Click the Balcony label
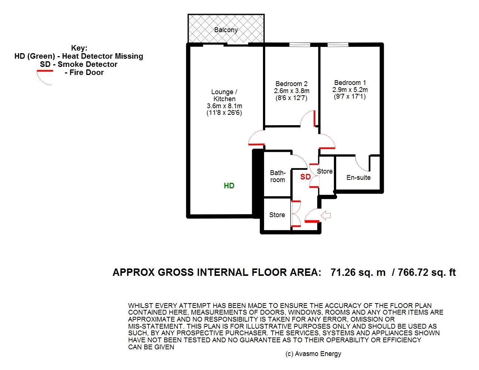point(226,30)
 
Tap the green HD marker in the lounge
point(229,186)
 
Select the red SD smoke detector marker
point(305,177)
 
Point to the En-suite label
point(359,177)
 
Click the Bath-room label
point(277,176)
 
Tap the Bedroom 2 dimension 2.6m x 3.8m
point(292,91)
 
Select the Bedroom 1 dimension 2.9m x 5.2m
point(350,90)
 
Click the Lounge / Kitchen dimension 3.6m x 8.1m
point(225,106)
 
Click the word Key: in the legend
point(79,48)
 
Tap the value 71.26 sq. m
point(358,273)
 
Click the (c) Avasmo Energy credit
point(313,354)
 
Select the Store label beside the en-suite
point(325,171)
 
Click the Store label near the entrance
point(277,215)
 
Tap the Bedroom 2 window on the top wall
point(300,45)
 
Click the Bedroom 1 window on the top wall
point(338,45)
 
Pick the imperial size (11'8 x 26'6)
point(224,113)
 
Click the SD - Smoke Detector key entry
point(79,64)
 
